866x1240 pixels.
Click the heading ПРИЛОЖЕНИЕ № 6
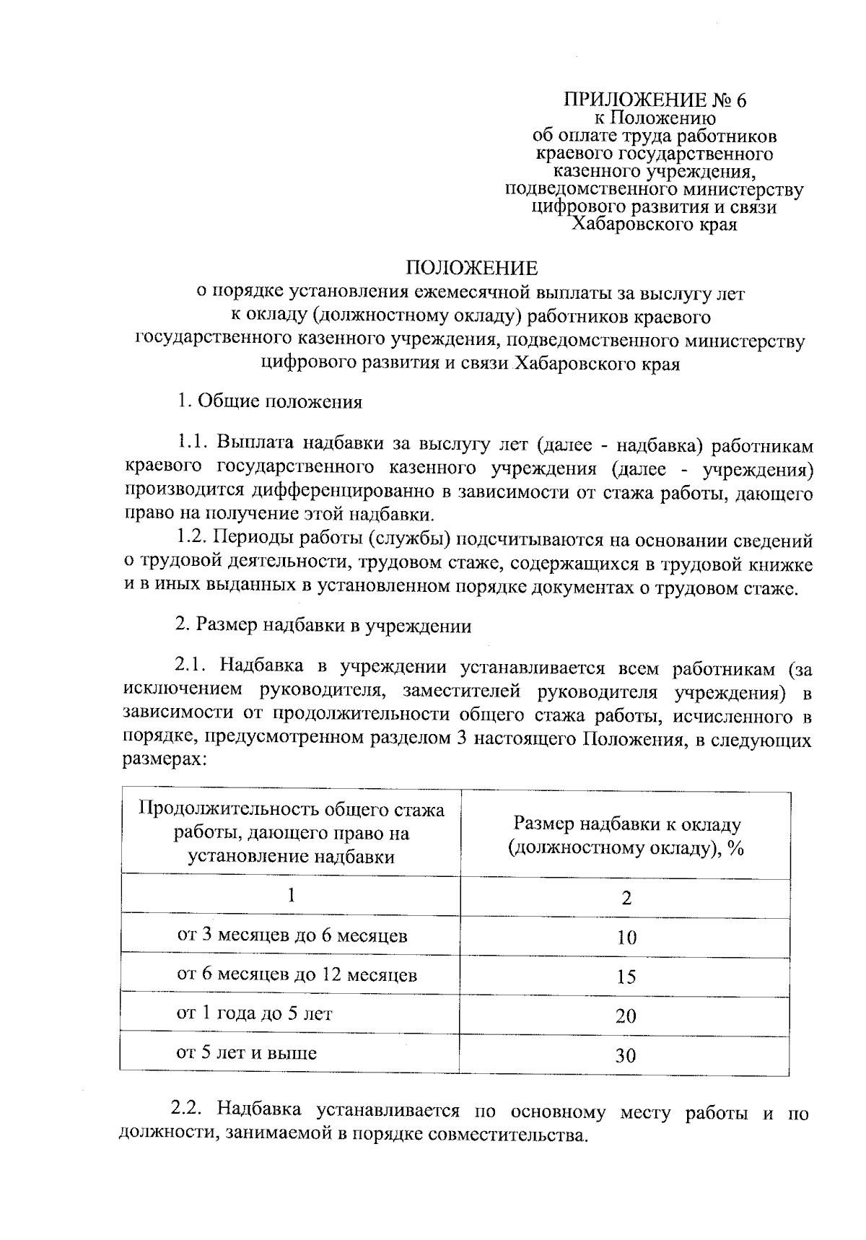655,100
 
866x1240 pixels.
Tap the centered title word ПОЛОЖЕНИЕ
472,268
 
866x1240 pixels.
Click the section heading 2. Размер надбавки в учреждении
323,626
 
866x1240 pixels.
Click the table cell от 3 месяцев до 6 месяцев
292,936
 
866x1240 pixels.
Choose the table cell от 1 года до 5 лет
255,1013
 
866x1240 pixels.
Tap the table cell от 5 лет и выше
247,1053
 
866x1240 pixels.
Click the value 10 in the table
626,938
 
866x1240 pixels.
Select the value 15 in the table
626,977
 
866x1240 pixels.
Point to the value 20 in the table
626,1016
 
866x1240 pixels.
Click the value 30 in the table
626,1056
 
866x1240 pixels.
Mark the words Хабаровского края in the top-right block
655,224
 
